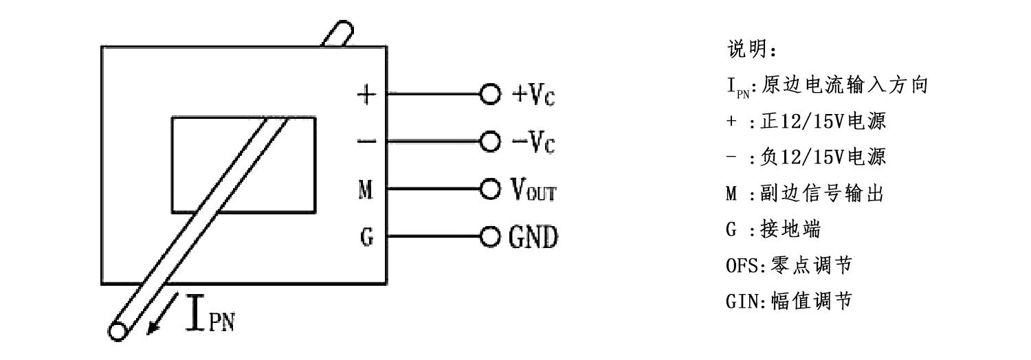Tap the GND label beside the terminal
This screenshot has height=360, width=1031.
533,238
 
